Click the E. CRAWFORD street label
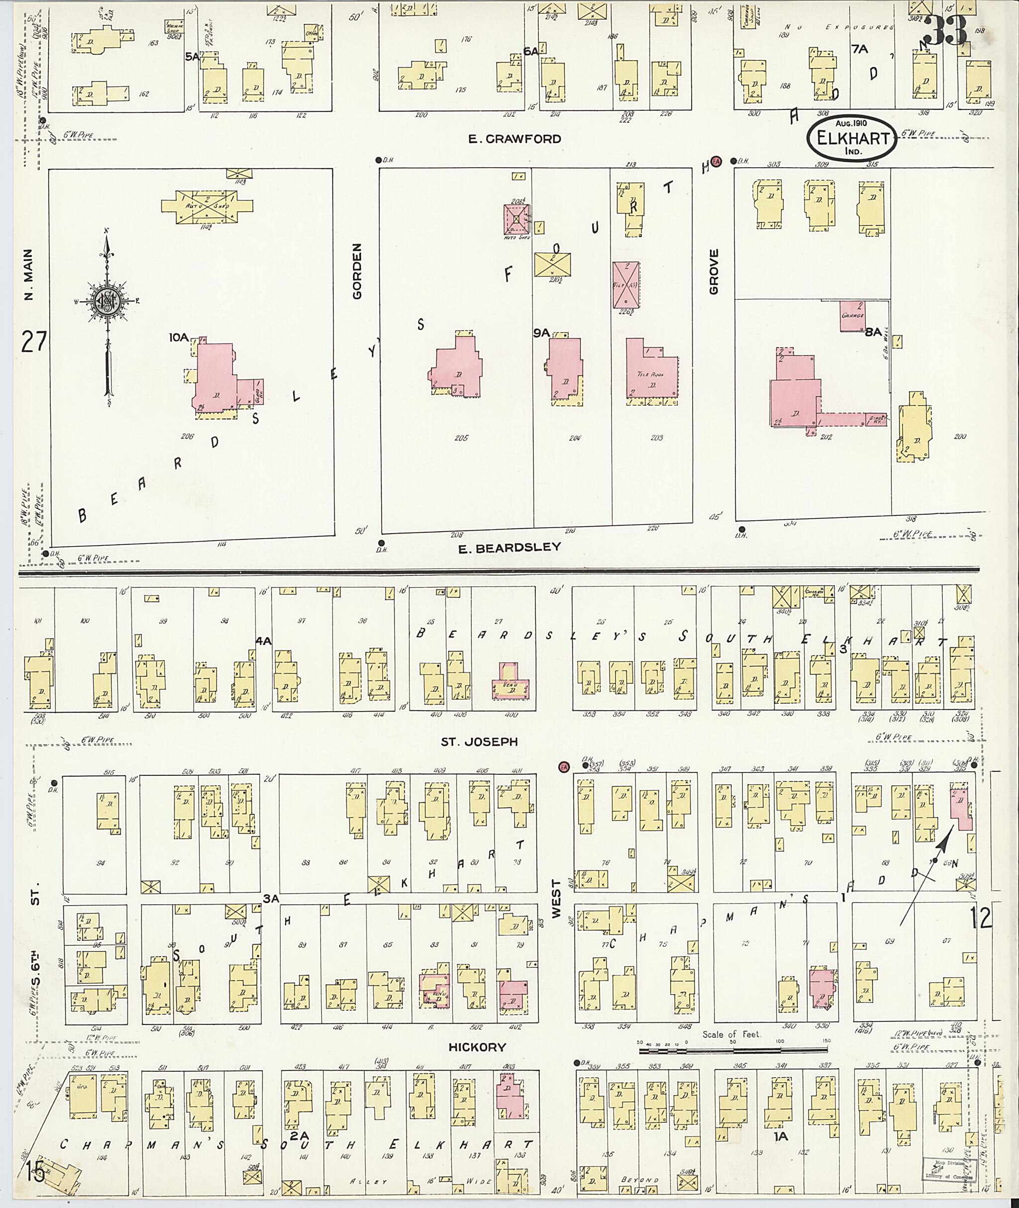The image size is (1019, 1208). point(514,139)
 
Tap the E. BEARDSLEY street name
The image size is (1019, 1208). point(509,547)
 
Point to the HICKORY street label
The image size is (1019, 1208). point(478,1047)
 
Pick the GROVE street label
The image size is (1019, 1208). point(714,272)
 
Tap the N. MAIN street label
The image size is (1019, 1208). point(29,275)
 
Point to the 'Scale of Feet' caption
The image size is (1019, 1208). point(731,1034)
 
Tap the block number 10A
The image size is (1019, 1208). point(179,337)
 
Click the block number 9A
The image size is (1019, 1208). point(541,333)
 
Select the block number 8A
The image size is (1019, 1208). point(873,332)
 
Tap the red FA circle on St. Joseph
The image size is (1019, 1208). point(564,767)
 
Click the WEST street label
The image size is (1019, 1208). point(556,899)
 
